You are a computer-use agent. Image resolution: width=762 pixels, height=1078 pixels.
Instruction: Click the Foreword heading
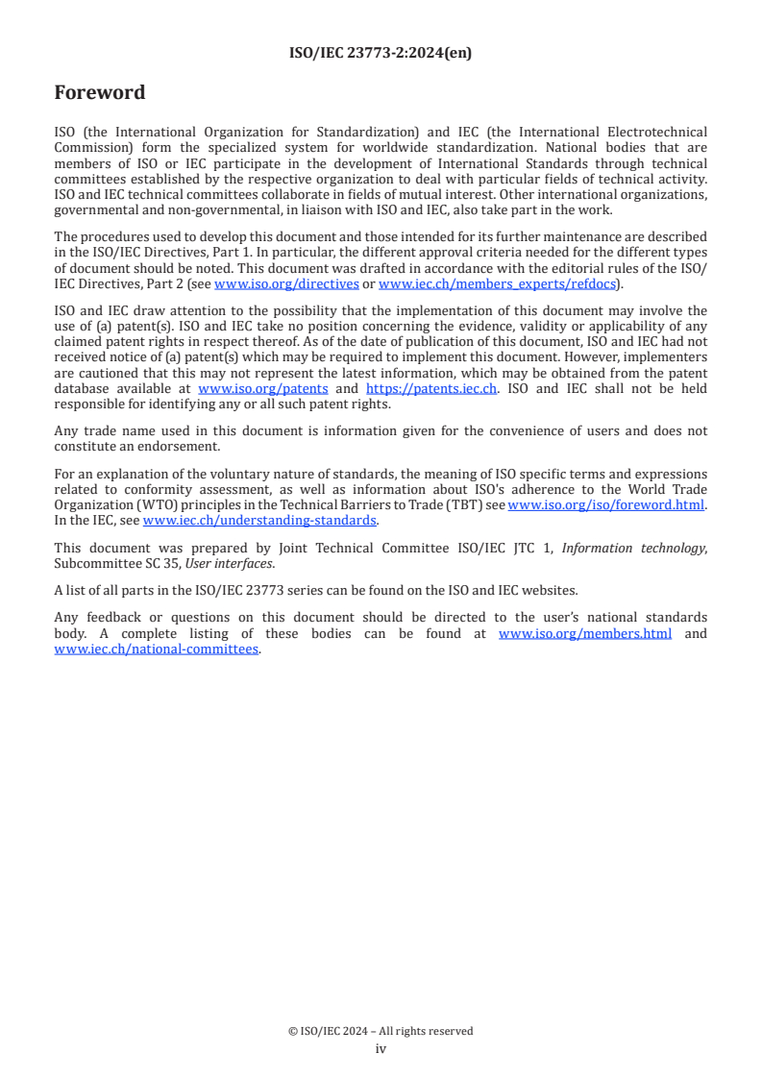click(100, 93)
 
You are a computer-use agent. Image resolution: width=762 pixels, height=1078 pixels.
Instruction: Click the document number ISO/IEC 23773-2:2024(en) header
click(381, 54)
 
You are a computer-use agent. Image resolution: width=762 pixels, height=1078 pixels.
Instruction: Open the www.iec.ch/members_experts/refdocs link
click(497, 284)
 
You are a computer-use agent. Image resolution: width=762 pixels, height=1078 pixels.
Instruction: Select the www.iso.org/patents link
click(262, 389)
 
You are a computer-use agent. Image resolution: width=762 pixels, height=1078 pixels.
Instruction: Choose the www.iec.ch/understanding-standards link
click(259, 520)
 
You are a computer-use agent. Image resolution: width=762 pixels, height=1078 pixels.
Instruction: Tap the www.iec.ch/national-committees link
click(157, 649)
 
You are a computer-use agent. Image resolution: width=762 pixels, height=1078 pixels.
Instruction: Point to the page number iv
click(381, 1049)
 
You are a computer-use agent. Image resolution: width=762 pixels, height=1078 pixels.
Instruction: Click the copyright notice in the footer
click(381, 1031)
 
